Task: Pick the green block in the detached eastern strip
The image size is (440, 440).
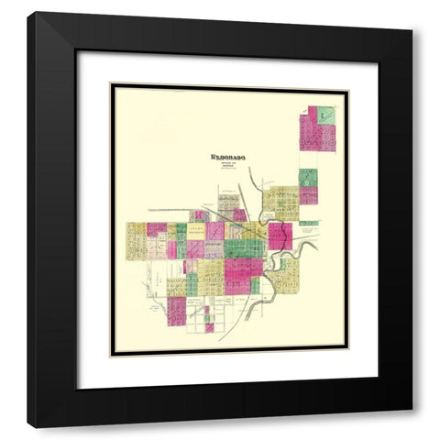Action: point(308,177)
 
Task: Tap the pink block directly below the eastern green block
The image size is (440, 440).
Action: point(308,195)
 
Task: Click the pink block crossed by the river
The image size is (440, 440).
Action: point(279,236)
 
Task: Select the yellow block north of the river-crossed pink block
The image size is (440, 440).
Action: point(280,203)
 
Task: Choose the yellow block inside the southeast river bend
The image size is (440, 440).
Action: point(285,274)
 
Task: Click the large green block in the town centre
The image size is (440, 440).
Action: point(244,247)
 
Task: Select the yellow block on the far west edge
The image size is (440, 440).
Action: point(136,240)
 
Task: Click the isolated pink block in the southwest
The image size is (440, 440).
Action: point(176,309)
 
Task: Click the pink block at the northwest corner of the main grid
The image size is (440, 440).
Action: point(157,228)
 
